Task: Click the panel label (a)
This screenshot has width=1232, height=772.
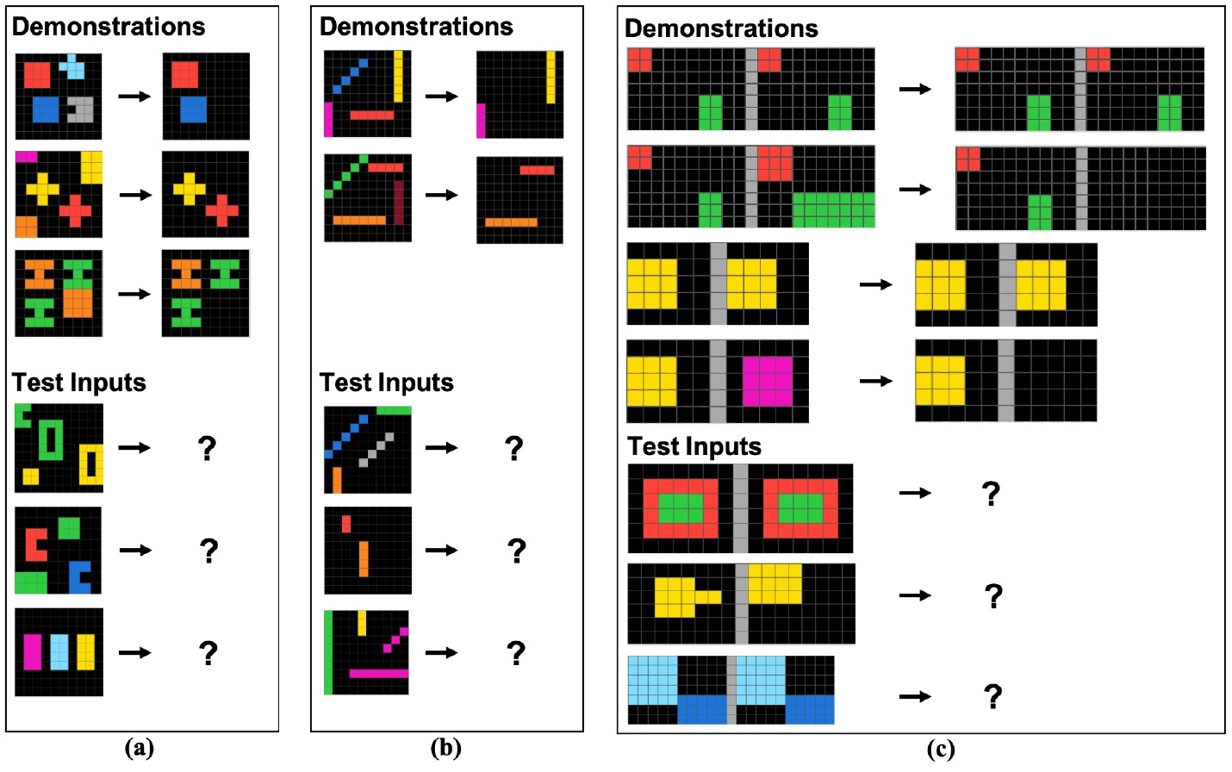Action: [140, 749]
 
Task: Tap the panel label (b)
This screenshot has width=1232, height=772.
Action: [446, 749]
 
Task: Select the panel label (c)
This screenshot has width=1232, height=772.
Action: [941, 750]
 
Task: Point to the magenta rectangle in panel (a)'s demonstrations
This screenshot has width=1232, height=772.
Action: [27, 157]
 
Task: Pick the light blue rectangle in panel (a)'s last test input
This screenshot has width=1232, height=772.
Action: [59, 652]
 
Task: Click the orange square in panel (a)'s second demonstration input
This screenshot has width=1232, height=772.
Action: [26, 227]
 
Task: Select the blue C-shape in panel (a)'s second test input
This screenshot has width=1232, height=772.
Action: [80, 576]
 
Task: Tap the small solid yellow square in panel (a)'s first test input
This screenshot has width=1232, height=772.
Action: [31, 476]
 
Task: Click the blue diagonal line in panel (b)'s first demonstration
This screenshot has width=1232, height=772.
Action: [350, 77]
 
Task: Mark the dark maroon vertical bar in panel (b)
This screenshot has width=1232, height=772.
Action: [398, 202]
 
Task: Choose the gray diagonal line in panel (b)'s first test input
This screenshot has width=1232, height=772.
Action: [376, 450]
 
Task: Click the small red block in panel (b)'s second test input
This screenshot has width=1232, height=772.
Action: [346, 524]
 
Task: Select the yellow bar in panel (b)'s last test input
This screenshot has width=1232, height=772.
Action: [362, 624]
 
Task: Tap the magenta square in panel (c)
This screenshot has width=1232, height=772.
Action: [768, 382]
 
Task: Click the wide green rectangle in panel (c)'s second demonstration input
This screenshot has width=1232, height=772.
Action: [834, 210]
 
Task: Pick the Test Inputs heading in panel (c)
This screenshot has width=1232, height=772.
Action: [694, 446]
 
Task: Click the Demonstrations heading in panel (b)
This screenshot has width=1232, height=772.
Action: [416, 27]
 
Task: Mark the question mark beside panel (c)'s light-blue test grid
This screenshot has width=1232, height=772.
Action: [992, 696]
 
